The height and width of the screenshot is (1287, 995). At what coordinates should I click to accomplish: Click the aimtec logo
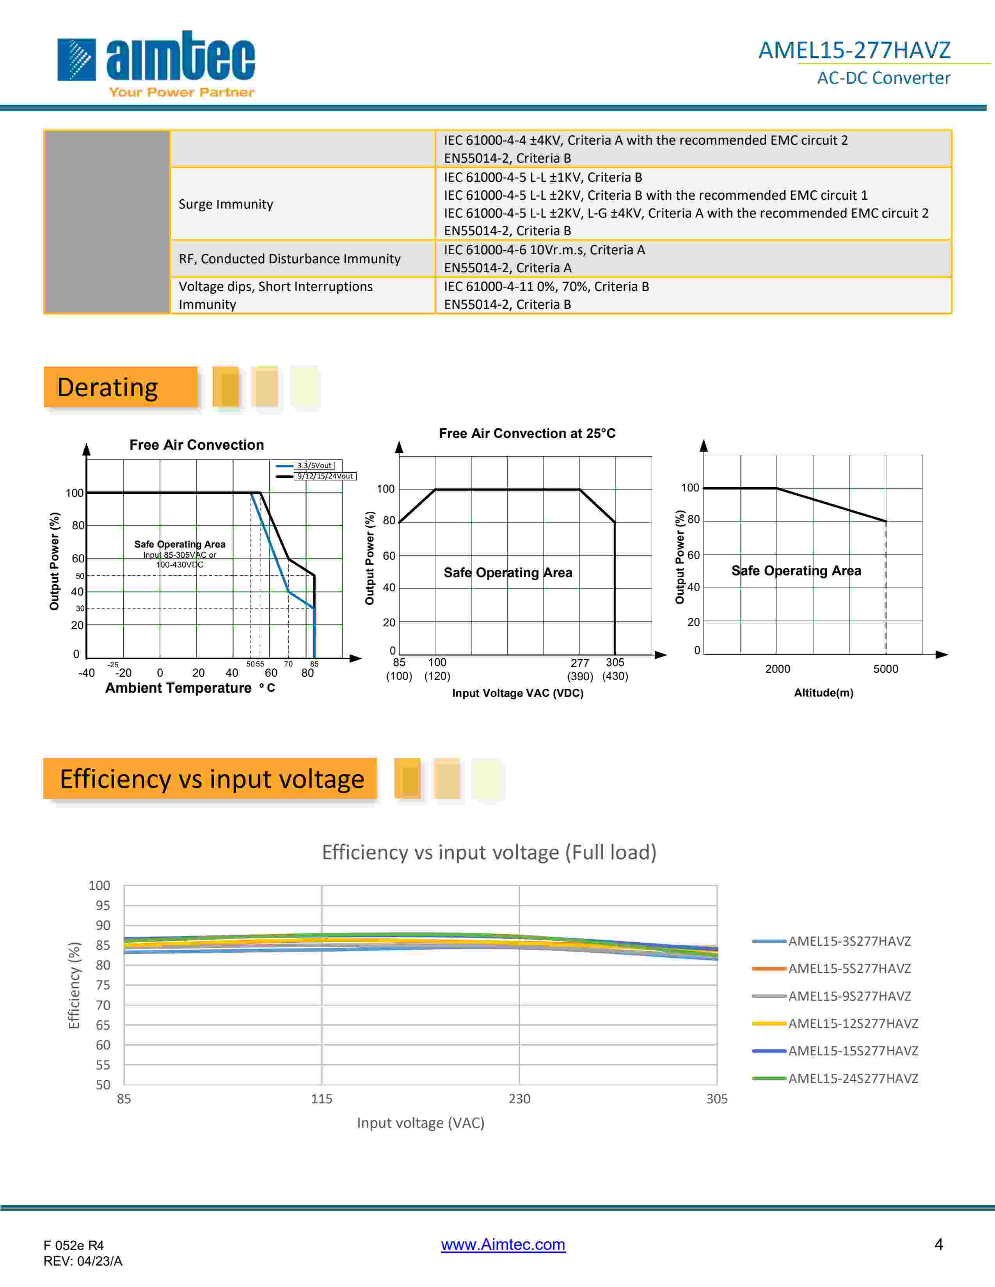coord(156,62)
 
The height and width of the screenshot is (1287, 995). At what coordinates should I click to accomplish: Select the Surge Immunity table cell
coord(226,204)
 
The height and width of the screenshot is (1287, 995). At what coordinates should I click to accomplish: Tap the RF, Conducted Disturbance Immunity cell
coord(290,259)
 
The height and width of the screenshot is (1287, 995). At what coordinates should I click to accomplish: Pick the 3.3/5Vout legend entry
coord(314,466)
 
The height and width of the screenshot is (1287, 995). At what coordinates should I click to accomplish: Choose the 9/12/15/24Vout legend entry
coord(324,476)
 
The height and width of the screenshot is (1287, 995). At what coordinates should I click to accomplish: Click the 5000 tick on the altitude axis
coord(885,669)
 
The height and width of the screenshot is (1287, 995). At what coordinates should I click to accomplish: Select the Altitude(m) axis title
coord(823,692)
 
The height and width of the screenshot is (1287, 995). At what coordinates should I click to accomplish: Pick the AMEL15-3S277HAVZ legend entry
coord(849,941)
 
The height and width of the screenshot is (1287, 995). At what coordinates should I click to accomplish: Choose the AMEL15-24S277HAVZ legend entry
coord(852,1078)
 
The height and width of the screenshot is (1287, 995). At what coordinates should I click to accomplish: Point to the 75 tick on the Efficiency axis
coord(103,985)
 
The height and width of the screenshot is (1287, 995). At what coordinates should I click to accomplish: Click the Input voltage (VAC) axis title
coord(420,1122)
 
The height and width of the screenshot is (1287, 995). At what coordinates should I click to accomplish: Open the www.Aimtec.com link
coord(503,1244)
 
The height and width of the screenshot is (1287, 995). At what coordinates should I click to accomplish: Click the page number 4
coord(938,1244)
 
